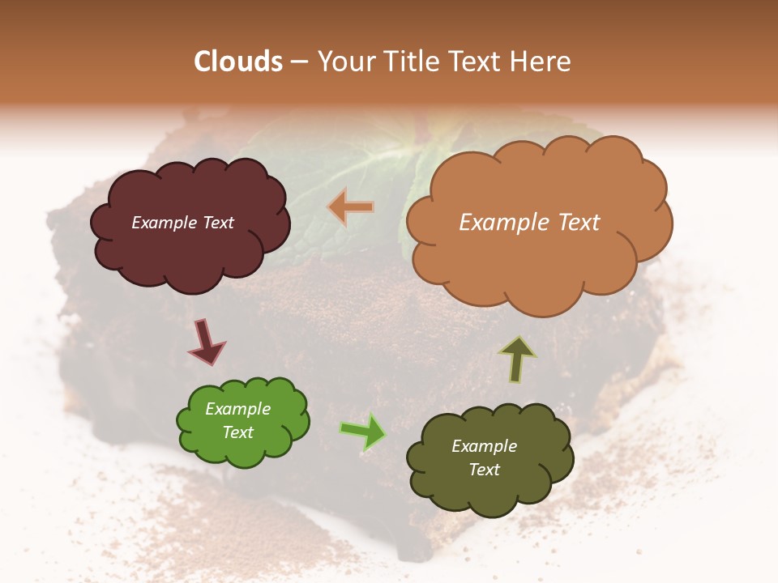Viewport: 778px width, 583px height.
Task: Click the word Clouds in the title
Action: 238,62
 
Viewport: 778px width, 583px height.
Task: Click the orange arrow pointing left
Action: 351,207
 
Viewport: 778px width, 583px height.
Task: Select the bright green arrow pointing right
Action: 363,431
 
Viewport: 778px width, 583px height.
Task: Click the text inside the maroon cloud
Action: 182,223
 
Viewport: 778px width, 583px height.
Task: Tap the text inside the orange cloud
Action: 529,223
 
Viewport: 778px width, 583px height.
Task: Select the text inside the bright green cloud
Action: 237,421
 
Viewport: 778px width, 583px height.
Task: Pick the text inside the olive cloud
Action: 484,457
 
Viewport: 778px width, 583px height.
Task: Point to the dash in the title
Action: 298,62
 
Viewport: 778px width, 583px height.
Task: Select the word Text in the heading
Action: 474,62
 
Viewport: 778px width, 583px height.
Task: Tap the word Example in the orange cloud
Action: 494,223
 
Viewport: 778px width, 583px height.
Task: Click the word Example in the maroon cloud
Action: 163,223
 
